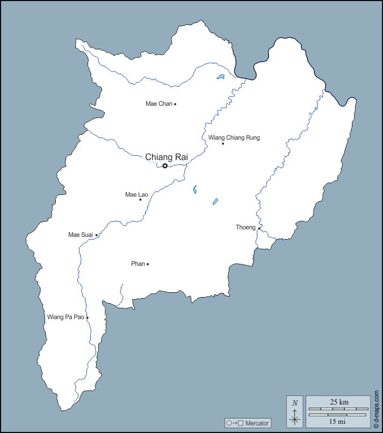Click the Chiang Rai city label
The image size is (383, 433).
point(167,157)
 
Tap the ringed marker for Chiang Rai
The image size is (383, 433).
point(165,166)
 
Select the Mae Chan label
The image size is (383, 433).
point(158,104)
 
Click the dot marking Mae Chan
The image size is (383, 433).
point(175,104)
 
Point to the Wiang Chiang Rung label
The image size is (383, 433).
point(234,138)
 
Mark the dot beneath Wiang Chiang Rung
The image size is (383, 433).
point(223,143)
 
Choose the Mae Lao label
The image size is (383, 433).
point(136,194)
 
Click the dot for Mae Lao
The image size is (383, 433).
point(141,200)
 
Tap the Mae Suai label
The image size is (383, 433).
point(81,235)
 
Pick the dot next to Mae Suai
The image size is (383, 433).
point(97,235)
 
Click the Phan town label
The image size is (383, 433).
point(138,264)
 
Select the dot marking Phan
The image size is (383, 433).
point(148,264)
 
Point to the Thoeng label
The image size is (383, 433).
point(245,227)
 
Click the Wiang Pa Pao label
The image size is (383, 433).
point(66,317)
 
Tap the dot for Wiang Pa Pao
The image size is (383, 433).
point(88,317)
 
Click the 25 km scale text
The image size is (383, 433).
point(338,402)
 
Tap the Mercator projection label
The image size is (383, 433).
point(248,423)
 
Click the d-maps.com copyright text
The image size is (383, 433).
point(376,409)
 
